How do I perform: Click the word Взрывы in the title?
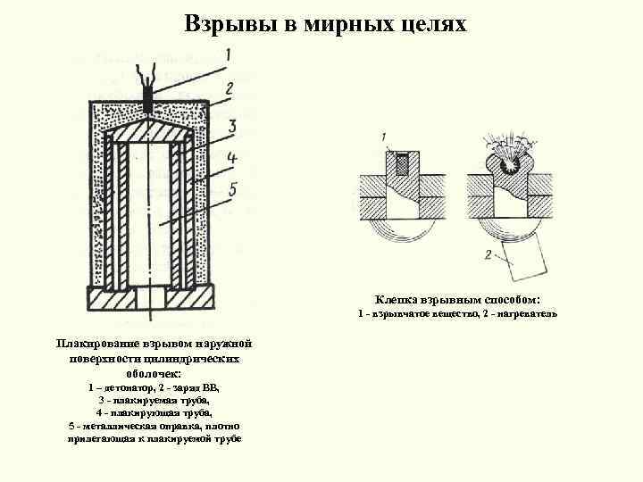224,22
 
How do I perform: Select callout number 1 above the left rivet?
383,137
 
